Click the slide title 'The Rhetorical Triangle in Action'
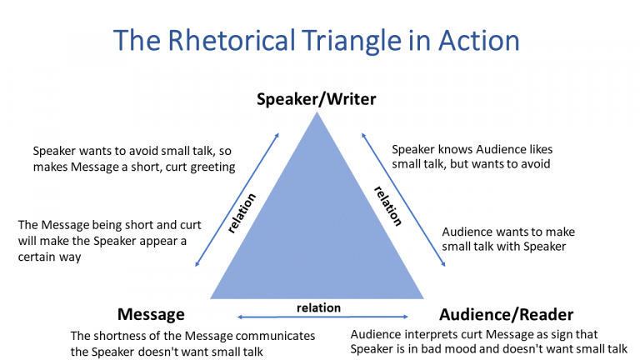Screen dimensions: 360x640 [x=316, y=41]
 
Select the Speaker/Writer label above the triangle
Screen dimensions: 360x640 [x=316, y=99]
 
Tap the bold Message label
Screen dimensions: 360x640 [x=150, y=314]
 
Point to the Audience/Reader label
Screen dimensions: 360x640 [x=506, y=314]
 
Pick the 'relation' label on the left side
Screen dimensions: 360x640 [x=242, y=212]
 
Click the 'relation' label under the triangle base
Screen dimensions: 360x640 [x=318, y=307]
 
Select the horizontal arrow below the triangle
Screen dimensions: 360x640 [x=322, y=317]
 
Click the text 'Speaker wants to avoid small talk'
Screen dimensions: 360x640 [x=124, y=151]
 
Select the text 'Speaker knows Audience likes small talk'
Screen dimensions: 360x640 [x=472, y=150]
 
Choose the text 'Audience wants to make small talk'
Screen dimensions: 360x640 [x=507, y=232]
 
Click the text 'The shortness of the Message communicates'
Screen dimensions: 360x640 [x=192, y=335]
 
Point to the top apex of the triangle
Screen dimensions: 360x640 [x=317, y=114]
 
